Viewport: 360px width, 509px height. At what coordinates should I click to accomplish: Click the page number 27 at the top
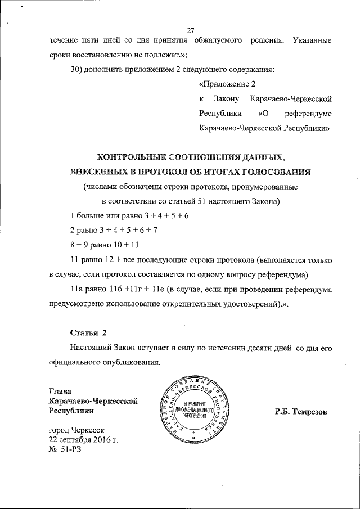coord(190,30)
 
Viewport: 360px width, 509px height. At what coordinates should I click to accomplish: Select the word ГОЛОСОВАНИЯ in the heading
coord(279,170)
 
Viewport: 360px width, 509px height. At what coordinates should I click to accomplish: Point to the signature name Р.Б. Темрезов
coord(301,412)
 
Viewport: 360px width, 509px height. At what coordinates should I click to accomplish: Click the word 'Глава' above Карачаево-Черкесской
coord(61,391)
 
